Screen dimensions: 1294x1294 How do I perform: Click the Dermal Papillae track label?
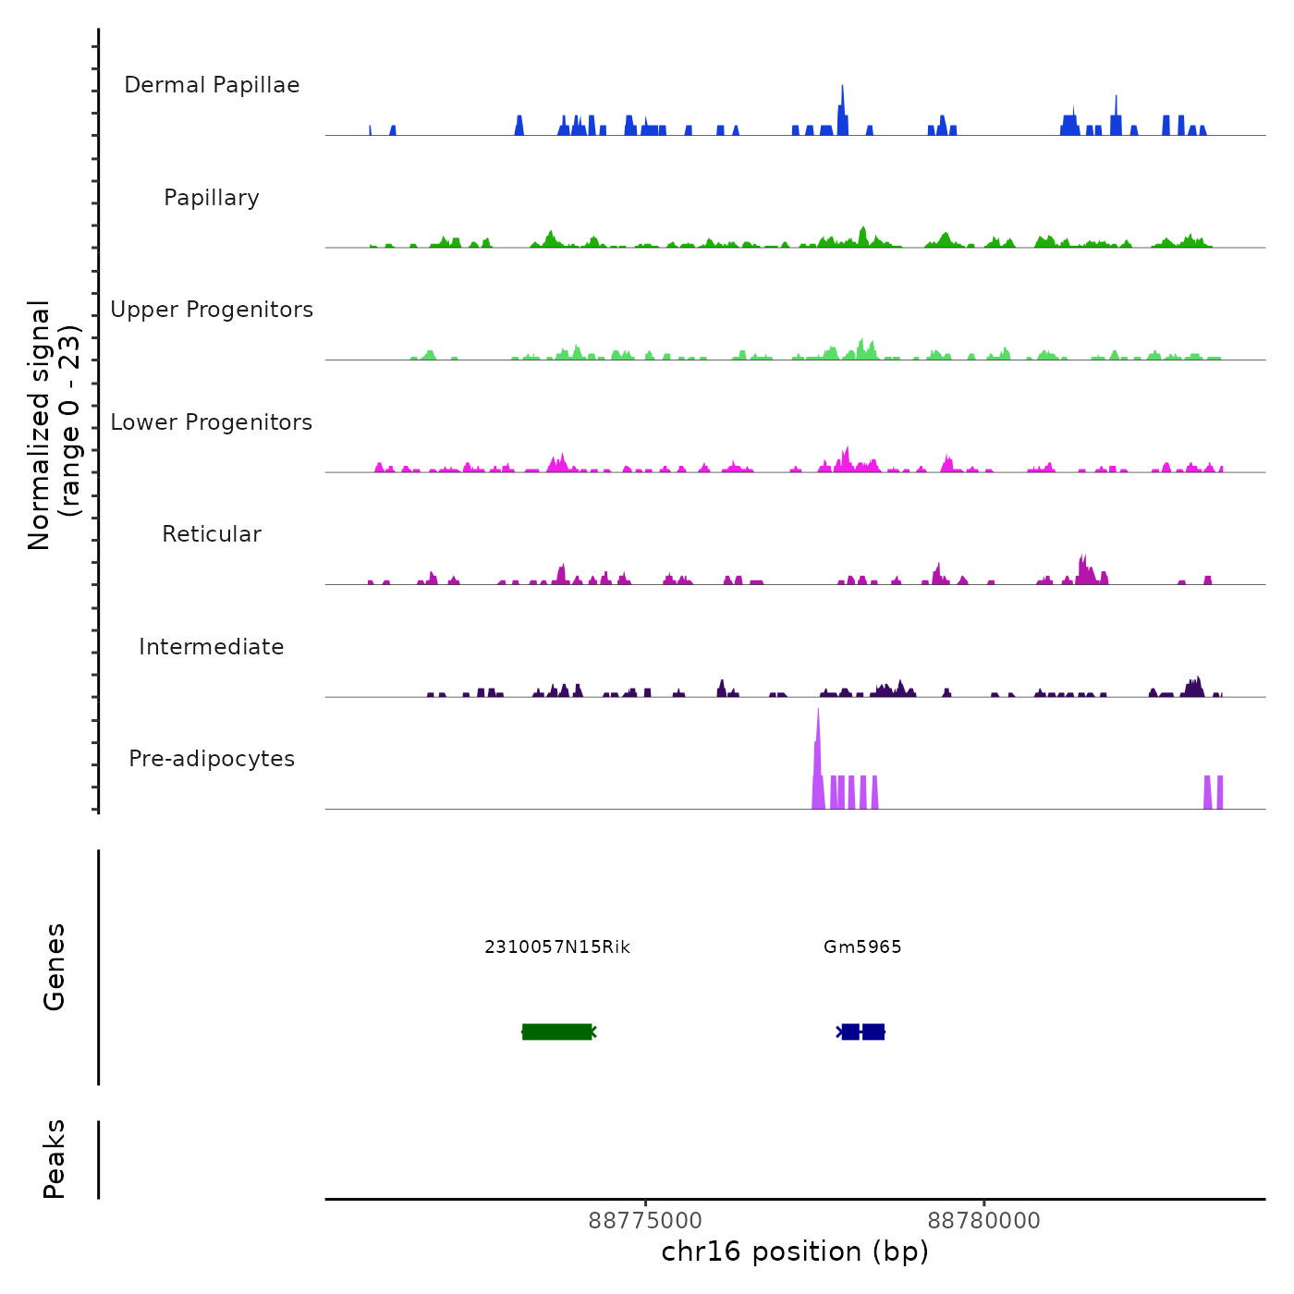point(212,85)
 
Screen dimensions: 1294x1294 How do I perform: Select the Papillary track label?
point(212,198)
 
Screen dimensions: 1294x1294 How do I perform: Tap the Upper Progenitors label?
point(212,310)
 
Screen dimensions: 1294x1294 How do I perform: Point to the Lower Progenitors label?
point(212,422)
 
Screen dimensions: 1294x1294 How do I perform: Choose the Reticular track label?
point(212,534)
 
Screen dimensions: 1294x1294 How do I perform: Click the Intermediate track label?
point(212,647)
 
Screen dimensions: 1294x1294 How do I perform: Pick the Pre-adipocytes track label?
point(212,759)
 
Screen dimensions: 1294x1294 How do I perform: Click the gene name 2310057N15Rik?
point(557,946)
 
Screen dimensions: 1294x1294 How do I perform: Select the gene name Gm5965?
point(862,946)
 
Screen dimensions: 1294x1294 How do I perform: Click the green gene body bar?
point(557,1032)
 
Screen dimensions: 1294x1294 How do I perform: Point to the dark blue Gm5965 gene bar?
point(863,1032)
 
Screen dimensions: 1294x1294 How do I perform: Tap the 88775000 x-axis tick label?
point(645,1220)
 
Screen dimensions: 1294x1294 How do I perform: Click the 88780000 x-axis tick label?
point(983,1220)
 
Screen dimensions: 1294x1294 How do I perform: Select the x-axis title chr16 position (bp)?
point(795,1251)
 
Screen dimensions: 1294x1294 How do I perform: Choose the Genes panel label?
point(55,967)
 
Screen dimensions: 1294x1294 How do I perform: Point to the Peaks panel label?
point(55,1159)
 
